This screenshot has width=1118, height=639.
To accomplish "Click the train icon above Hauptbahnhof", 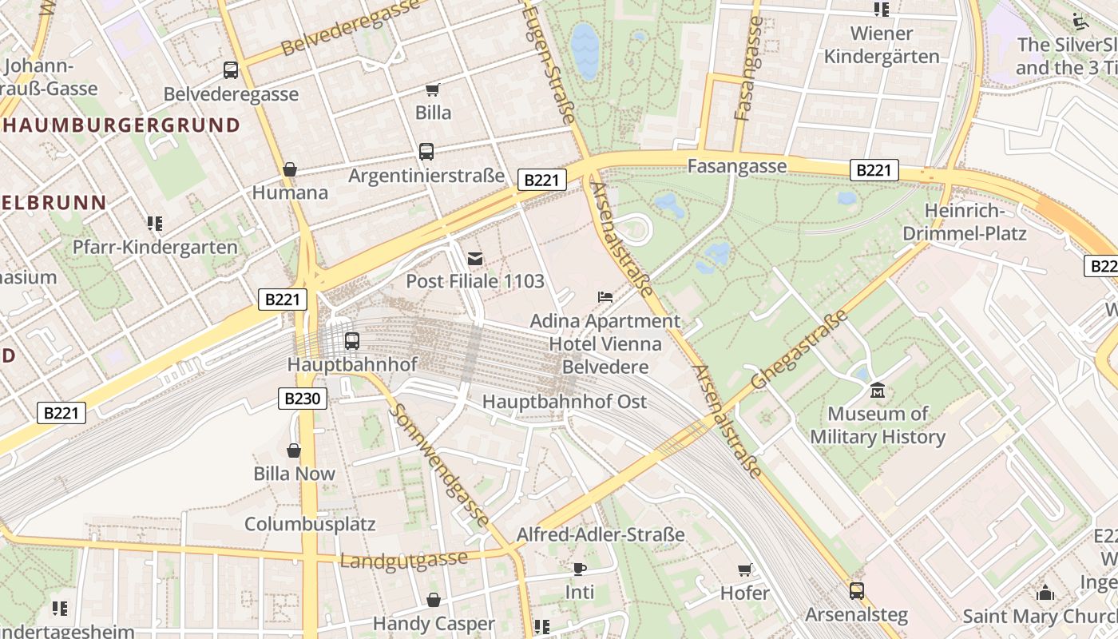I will click(351, 341).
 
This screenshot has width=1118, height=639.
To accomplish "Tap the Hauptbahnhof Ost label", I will click(565, 401).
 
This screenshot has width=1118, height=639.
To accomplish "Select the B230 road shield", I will click(303, 399).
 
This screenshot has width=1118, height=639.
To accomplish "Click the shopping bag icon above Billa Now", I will click(294, 450).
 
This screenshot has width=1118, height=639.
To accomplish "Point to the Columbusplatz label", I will click(310, 525).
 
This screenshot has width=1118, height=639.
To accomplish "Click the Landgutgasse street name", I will click(403, 559).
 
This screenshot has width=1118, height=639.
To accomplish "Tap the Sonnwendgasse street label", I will click(440, 465).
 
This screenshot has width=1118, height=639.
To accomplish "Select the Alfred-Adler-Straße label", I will click(601, 534).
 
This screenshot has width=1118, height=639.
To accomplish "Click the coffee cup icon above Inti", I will click(580, 569).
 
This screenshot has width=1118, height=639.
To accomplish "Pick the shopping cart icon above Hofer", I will click(744, 570).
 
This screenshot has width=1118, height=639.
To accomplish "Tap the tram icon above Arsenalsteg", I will click(856, 591).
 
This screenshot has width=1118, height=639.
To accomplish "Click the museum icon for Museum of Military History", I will click(878, 391).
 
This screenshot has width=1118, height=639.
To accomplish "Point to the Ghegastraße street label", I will click(797, 350).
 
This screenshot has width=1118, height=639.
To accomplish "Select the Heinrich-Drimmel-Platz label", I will click(964, 222).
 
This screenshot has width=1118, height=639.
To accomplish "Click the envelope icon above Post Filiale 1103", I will click(475, 258).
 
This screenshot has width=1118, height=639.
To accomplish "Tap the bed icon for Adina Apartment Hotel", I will click(605, 297).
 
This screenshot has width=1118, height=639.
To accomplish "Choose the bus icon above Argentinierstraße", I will click(426, 151).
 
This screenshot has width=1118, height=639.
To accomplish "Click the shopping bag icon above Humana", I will click(290, 169).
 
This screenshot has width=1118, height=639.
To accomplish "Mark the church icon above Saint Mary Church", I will click(1045, 593).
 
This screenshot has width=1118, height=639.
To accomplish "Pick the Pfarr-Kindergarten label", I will click(155, 247).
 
